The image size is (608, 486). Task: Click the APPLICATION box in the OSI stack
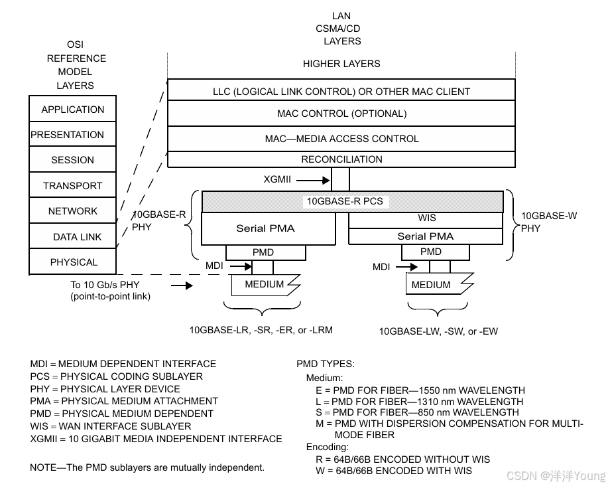(72, 109)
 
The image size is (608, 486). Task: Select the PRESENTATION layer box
(72, 134)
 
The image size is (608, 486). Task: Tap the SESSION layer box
(72, 159)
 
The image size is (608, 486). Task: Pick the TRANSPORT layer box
(72, 185)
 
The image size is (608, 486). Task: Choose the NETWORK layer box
(72, 210)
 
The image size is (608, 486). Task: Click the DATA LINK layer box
(72, 236)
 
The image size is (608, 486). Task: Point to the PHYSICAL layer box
(72, 262)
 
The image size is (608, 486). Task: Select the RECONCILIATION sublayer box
(341, 159)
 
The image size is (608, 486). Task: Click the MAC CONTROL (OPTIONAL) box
(341, 114)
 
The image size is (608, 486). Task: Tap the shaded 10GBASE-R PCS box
(351, 201)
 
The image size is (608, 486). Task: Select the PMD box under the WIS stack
(430, 252)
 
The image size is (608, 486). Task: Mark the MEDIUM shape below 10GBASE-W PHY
(434, 285)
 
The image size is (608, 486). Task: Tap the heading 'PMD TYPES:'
(326, 364)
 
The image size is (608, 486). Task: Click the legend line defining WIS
(111, 426)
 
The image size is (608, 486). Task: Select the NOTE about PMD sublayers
(147, 467)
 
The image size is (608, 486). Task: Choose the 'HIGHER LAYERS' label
(341, 64)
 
